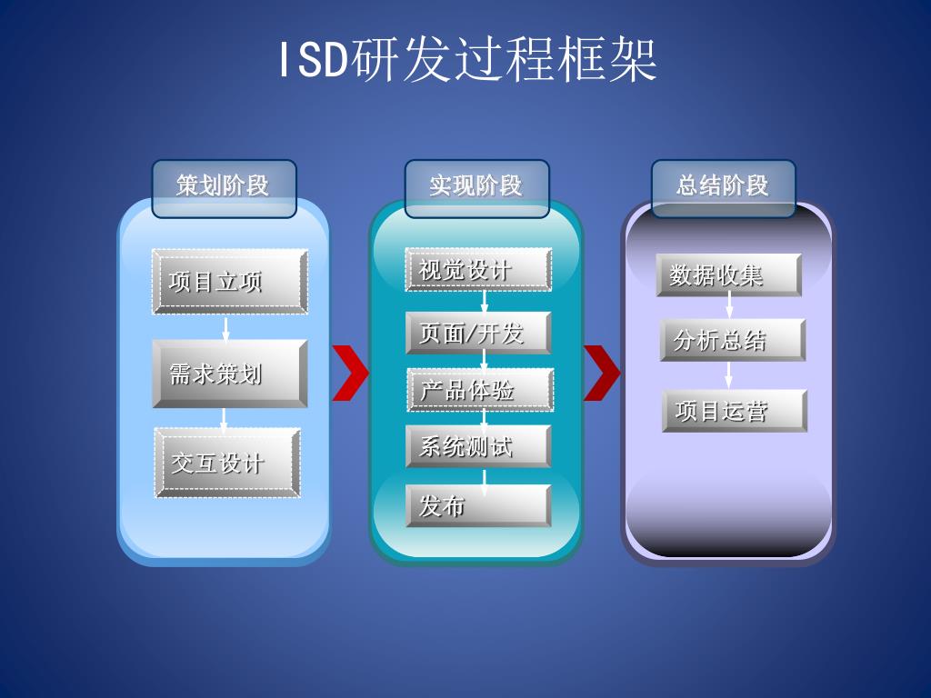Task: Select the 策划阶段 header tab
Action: [x=224, y=187]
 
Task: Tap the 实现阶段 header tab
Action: [x=476, y=187]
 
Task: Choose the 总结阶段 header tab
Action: [x=723, y=187]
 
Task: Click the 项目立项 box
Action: [x=229, y=282]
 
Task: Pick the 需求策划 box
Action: [x=229, y=374]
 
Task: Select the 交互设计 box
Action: [x=227, y=463]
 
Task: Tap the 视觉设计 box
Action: [x=478, y=270]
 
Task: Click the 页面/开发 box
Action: [x=478, y=333]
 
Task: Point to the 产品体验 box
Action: [x=480, y=390]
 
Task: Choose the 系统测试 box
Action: [x=478, y=446]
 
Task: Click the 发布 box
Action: [x=478, y=505]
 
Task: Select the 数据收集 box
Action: [x=728, y=274]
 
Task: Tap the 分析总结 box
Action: [x=732, y=340]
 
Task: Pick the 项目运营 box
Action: [x=735, y=411]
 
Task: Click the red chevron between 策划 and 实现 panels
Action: [x=350, y=373]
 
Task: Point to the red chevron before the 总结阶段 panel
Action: [x=601, y=373]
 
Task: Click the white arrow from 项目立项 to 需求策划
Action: [x=225, y=327]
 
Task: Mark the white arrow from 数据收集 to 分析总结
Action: [x=729, y=307]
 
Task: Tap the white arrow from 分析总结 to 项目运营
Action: [x=729, y=375]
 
